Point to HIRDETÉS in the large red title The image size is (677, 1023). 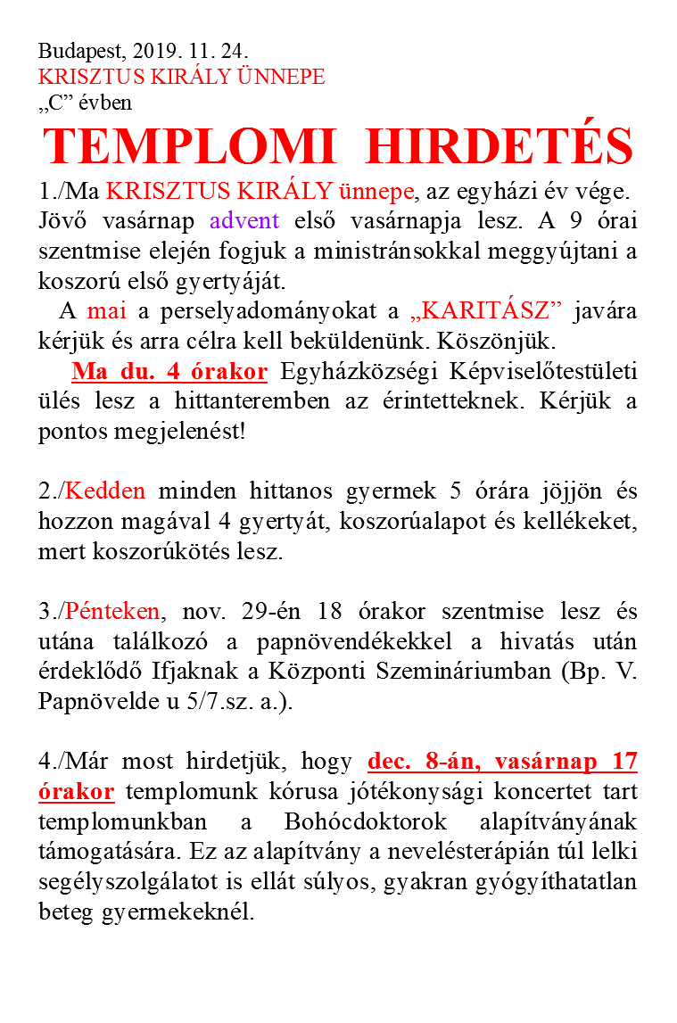[x=499, y=145]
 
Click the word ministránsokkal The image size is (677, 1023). [x=404, y=251]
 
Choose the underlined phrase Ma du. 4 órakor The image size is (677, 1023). [x=169, y=372]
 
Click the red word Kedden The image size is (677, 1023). [x=106, y=491]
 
